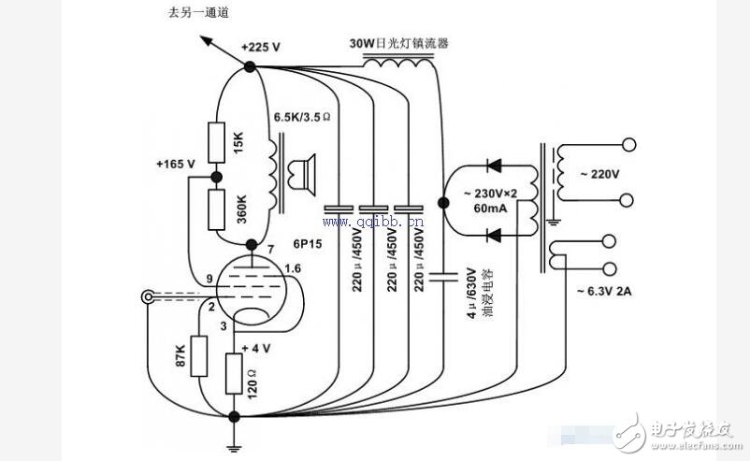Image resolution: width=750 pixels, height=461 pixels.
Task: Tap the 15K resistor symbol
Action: [x=216, y=139]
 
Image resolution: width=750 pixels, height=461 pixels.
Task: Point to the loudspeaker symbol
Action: [x=301, y=174]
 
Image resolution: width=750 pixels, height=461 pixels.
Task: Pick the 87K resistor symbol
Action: [x=198, y=355]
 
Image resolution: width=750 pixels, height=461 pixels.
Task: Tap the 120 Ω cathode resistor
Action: [x=235, y=375]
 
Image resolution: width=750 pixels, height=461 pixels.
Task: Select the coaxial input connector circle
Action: [x=147, y=298]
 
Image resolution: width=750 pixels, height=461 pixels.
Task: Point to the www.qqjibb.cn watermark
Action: [x=374, y=222]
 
